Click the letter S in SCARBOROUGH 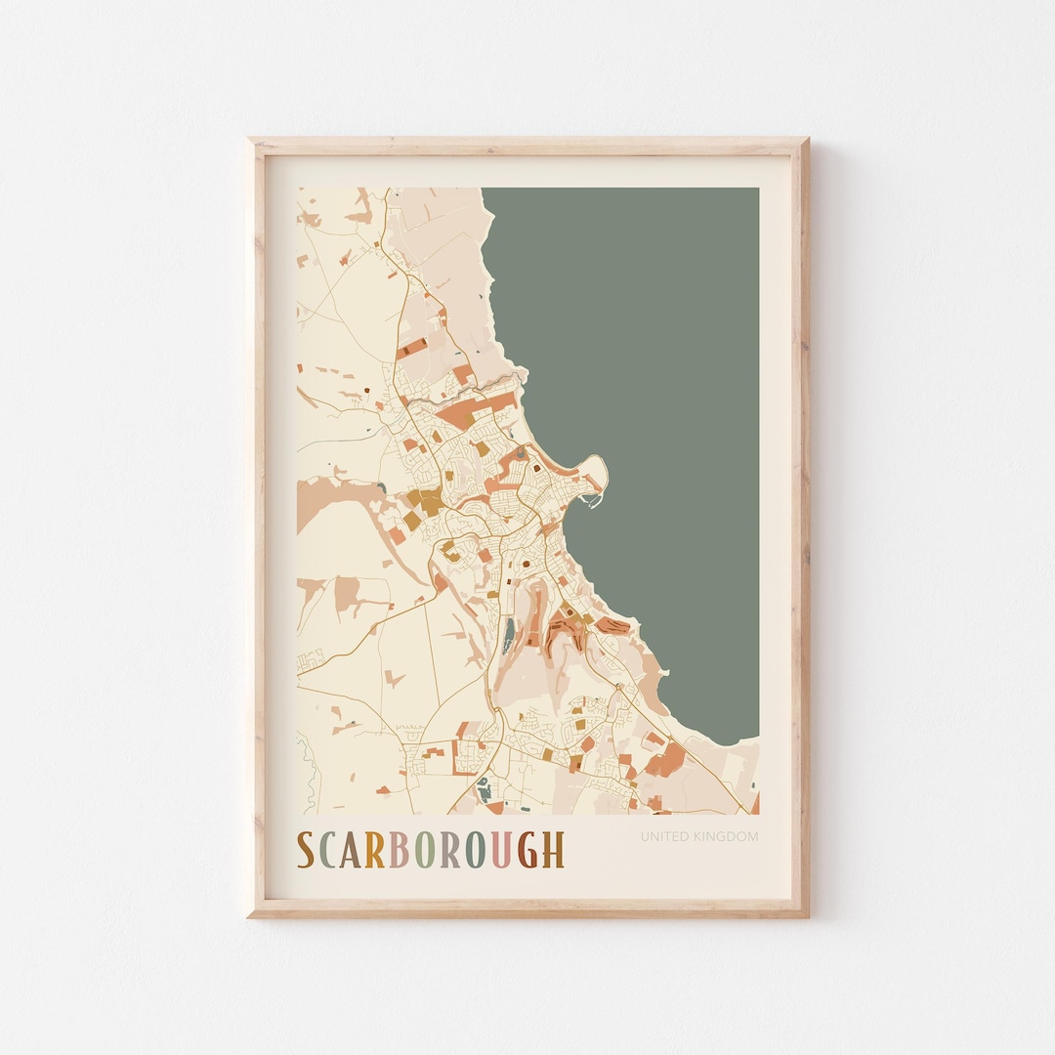tap(306, 850)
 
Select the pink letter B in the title tap(400, 850)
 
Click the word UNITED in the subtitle tap(665, 836)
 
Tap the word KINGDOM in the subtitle tap(726, 836)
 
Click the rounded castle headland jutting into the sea tap(595, 476)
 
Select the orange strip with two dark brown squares tap(412, 346)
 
